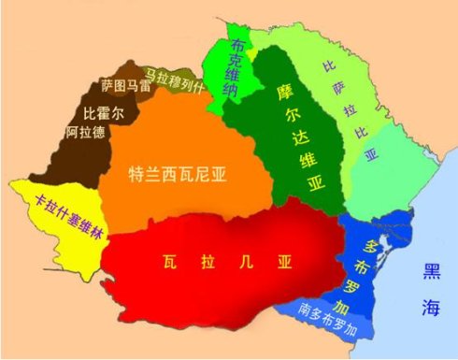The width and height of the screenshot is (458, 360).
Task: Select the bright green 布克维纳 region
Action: click(224, 89)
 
